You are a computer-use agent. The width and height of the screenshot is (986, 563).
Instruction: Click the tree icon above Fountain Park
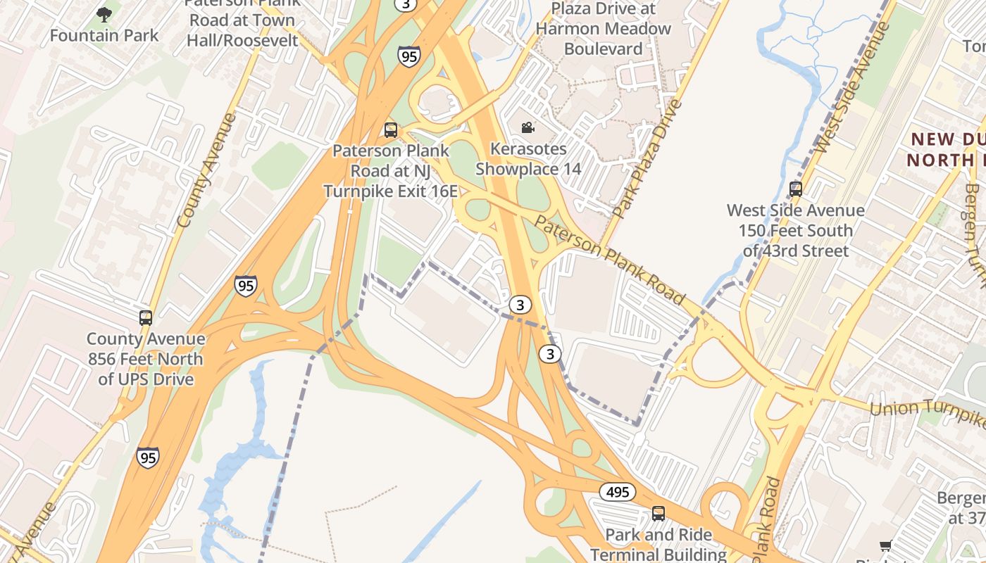click(x=104, y=14)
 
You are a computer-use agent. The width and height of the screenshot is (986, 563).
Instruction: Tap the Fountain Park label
click(x=104, y=35)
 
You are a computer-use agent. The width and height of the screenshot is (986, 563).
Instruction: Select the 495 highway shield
click(x=618, y=492)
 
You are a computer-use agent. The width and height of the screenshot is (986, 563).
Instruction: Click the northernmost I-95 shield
click(x=409, y=56)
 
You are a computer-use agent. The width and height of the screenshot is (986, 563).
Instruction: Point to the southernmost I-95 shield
click(x=147, y=457)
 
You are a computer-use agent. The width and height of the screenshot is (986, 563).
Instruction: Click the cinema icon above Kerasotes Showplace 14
click(x=528, y=127)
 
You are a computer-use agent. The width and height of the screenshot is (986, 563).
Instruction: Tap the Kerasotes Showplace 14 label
click(x=528, y=159)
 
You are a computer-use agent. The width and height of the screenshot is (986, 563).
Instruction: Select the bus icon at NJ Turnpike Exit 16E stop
click(x=390, y=129)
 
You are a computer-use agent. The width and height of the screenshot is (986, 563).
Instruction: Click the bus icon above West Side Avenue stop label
click(x=796, y=189)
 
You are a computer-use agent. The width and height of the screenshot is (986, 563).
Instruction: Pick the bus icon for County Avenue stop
click(x=146, y=317)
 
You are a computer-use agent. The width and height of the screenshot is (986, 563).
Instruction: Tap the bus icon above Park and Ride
click(x=659, y=514)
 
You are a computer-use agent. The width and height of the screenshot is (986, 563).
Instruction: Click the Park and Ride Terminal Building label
click(x=658, y=544)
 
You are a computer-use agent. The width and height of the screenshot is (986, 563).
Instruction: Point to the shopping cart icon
click(x=886, y=546)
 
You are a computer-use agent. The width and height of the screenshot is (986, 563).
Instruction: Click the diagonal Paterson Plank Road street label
click(x=610, y=260)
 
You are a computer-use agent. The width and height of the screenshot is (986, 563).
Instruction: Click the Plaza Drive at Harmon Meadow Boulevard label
click(x=603, y=29)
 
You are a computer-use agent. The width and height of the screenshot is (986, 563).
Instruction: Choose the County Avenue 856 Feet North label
click(x=146, y=359)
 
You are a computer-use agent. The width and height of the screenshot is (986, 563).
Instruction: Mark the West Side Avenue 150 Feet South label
click(x=795, y=230)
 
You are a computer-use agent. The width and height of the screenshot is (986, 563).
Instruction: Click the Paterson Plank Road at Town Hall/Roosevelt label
click(x=242, y=20)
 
